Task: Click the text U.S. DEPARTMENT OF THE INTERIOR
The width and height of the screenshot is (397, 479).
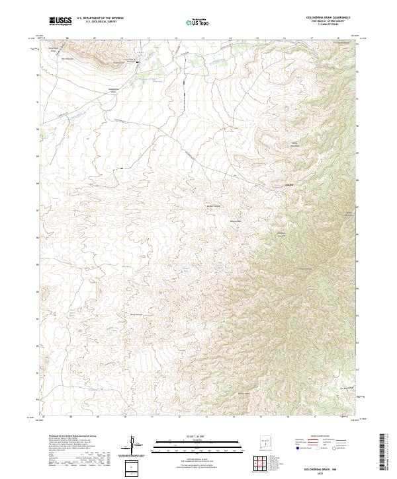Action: [x=100, y=18]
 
